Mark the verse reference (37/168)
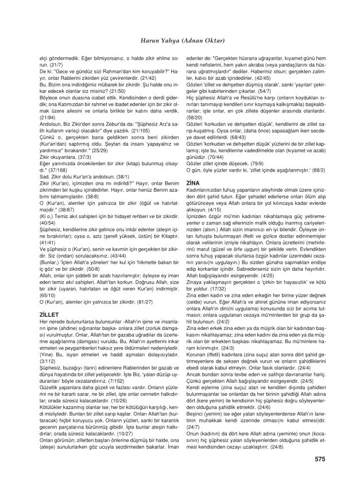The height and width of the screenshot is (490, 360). [x=55, y=170]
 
